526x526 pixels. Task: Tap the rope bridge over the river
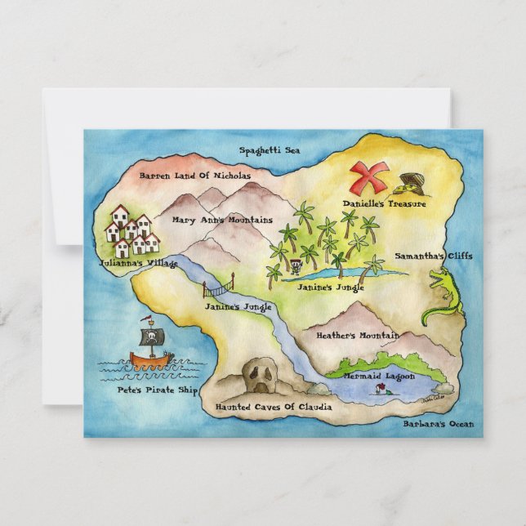(218, 288)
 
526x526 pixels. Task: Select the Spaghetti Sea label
(270, 150)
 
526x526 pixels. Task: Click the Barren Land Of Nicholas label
(194, 175)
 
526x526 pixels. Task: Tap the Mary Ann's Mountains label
(221, 220)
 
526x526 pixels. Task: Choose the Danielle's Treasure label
(384, 203)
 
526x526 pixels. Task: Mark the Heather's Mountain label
(357, 335)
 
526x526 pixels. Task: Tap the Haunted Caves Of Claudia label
(273, 406)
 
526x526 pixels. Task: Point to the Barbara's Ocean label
(438, 424)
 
